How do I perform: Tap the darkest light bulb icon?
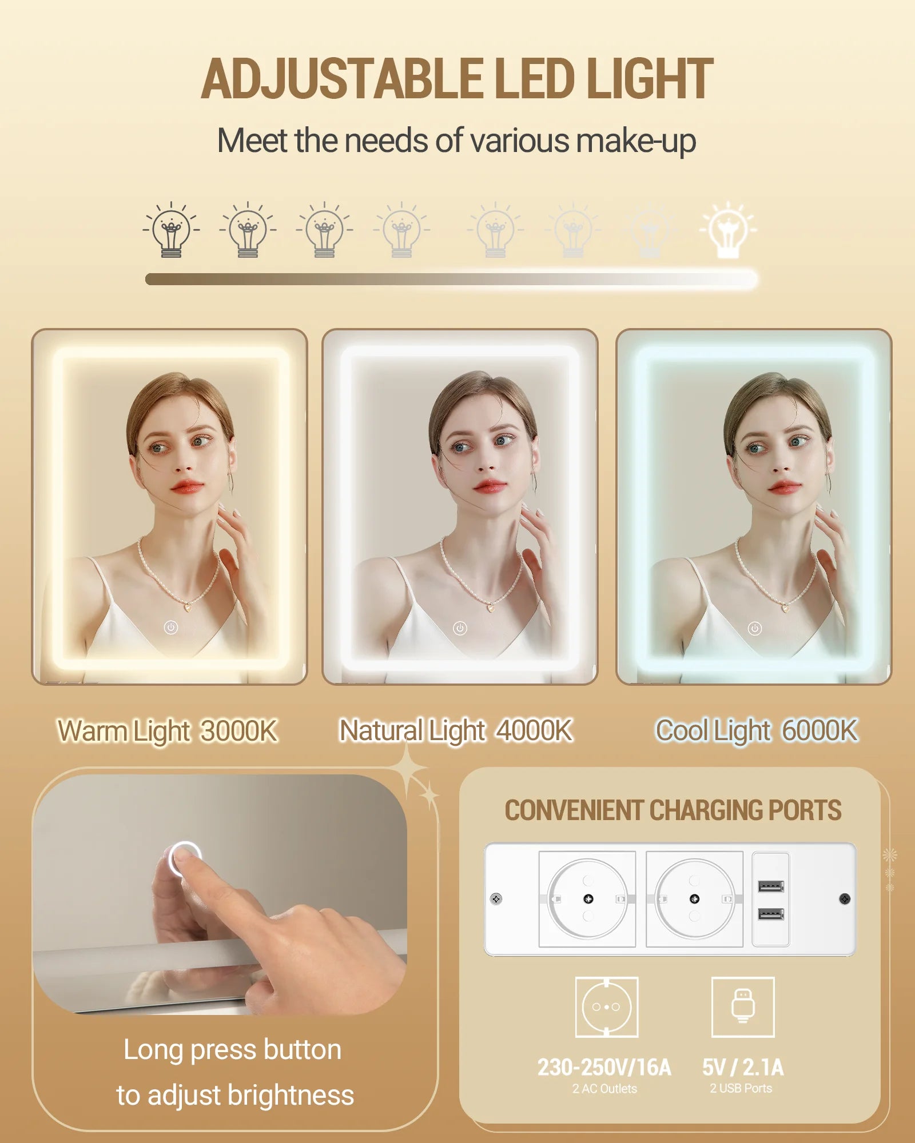[x=171, y=230]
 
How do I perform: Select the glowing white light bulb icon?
[x=728, y=230]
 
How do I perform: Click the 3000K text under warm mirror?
[x=239, y=730]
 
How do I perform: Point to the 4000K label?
[x=534, y=730]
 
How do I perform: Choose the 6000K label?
[x=820, y=730]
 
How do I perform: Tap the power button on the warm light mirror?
[x=171, y=628]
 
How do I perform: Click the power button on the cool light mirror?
[x=755, y=629]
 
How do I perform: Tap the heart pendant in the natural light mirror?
[x=491, y=607]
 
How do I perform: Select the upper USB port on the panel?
[x=771, y=887]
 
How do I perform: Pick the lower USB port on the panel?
[x=771, y=914]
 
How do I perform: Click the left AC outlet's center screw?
[x=588, y=899]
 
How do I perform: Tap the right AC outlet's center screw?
[x=695, y=899]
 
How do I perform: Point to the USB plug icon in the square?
[x=743, y=1006]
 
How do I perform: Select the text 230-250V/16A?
[x=604, y=1068]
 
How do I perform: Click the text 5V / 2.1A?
[x=743, y=1068]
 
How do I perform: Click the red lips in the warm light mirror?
[x=187, y=487]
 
